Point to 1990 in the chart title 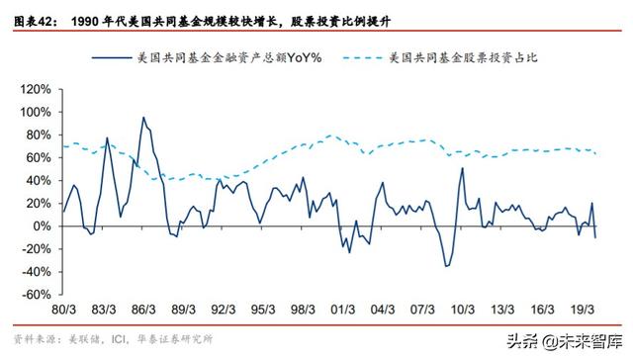pyautogui.click(x=87, y=10)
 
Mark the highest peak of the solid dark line pyautogui.click(x=143, y=118)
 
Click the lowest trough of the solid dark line pyautogui.click(x=446, y=266)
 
